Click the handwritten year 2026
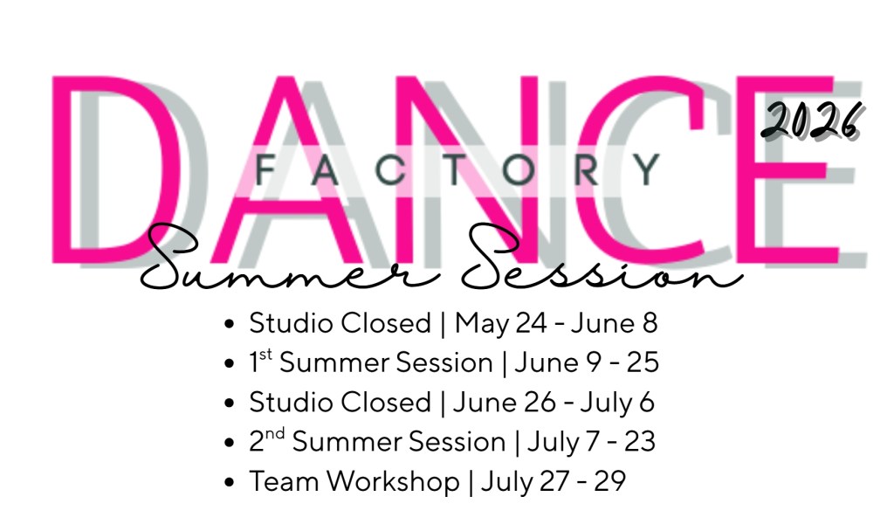pos(811,120)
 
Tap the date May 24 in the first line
pos(500,323)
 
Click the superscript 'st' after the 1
pos(265,355)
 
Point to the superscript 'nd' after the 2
pos(274,433)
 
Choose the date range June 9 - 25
pos(587,362)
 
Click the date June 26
pos(504,402)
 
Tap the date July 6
pos(617,403)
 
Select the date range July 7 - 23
pos(591,442)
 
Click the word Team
pos(284,480)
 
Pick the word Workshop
pos(394,480)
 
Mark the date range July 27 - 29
pos(553,481)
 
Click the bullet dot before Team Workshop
pos(230,482)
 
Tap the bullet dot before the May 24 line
pos(230,324)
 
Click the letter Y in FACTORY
pos(648,170)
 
